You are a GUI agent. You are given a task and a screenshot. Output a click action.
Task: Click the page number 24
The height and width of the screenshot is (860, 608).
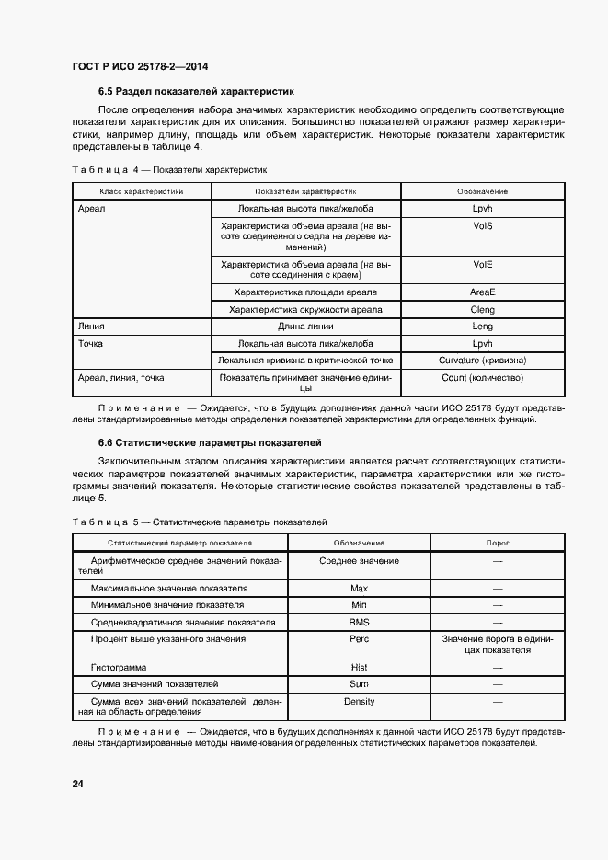pyautogui.click(x=77, y=784)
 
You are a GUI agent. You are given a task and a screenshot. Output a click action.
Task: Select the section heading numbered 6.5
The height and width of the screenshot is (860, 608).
pyautogui.click(x=196, y=92)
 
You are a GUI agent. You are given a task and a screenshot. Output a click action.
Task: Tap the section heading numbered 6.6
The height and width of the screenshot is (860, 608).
pyautogui.click(x=210, y=442)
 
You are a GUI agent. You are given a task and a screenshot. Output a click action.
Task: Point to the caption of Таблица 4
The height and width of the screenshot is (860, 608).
pyautogui.click(x=169, y=169)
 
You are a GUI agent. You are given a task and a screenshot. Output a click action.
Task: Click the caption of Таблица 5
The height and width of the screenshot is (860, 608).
pyautogui.click(x=199, y=522)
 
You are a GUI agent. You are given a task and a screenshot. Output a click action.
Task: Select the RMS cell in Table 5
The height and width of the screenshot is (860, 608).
pyautogui.click(x=359, y=623)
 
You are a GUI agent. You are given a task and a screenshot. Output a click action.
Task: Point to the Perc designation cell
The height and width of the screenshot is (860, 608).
pyautogui.click(x=359, y=639)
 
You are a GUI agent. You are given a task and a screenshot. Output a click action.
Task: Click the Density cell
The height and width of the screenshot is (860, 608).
pyautogui.click(x=359, y=702)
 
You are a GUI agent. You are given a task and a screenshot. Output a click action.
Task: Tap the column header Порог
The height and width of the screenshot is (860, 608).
pyautogui.click(x=498, y=543)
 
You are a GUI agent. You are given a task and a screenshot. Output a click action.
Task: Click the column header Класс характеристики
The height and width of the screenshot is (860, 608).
pyautogui.click(x=142, y=191)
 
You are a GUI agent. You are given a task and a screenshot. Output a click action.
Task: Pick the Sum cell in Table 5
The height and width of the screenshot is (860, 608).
pyautogui.click(x=359, y=684)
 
